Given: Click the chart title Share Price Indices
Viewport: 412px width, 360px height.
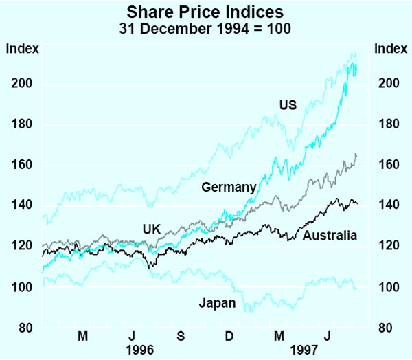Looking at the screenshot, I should click(205, 12).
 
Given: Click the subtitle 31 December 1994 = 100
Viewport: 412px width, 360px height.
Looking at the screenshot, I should click(205, 28).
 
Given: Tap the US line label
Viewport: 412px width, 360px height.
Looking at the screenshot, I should click(287, 105).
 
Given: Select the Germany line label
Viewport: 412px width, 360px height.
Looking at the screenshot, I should click(229, 187).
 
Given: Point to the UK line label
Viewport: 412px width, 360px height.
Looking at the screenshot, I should click(152, 229).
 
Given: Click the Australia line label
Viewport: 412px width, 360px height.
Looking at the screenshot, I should click(330, 236).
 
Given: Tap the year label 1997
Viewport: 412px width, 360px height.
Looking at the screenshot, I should click(306, 349).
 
